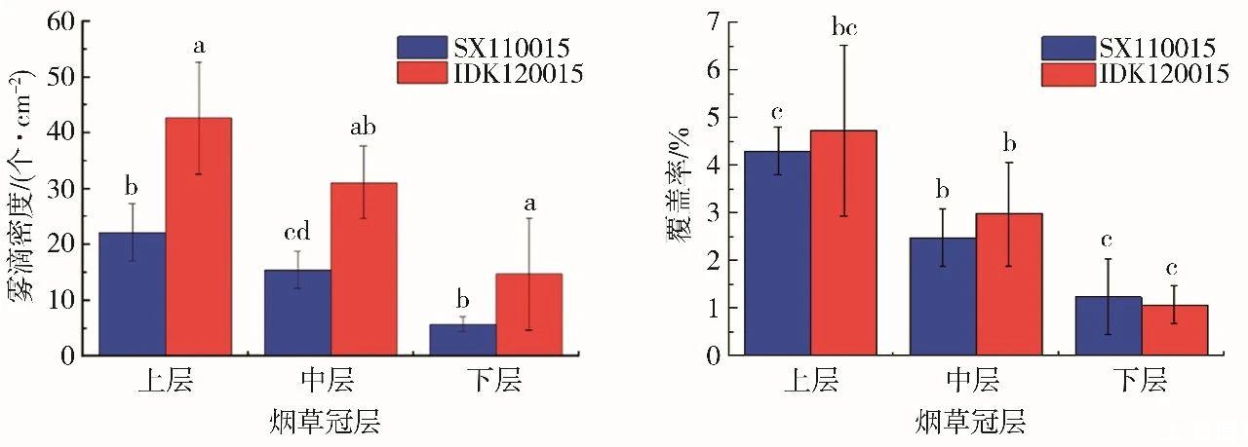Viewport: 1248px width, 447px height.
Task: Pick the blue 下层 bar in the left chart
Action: click(x=462, y=340)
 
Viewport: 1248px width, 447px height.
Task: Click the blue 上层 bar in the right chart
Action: click(x=777, y=253)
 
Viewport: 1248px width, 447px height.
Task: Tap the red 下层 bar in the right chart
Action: click(x=1175, y=330)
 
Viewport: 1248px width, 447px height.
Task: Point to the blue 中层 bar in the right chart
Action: click(x=943, y=296)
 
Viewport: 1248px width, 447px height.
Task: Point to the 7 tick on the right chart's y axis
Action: click(x=712, y=21)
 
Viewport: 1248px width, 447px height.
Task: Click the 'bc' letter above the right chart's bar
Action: click(x=844, y=26)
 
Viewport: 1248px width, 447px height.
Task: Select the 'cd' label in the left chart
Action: click(x=296, y=234)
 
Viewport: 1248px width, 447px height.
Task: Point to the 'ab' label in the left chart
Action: click(x=363, y=127)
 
